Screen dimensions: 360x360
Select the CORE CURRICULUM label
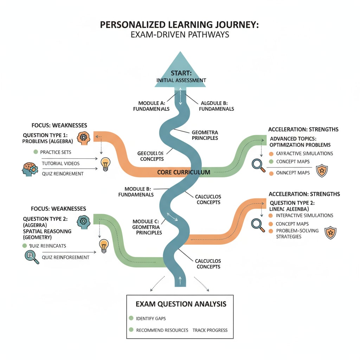tap(184, 172)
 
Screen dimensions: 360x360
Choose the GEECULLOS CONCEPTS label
tap(152, 156)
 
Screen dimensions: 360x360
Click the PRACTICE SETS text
tap(56, 152)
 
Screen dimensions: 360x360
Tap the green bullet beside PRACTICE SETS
tap(35, 152)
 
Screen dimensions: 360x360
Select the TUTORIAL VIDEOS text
tap(60, 163)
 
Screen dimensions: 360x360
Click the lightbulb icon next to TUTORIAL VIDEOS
tap(105, 164)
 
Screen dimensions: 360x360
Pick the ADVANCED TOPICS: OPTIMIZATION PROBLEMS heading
tap(300, 142)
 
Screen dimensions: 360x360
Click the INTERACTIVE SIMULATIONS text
tap(304, 215)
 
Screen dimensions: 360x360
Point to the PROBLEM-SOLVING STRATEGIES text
tap(297, 233)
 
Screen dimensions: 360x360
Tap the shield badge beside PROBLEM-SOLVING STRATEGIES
tap(330, 233)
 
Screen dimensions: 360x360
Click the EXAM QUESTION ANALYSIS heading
tap(181, 304)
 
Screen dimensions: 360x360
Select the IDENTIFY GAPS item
tap(151, 318)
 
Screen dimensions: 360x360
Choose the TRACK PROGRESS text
tap(210, 330)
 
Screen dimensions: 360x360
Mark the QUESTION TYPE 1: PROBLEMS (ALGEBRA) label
tap(48, 138)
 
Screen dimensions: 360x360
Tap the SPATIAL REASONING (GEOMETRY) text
tap(47, 234)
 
